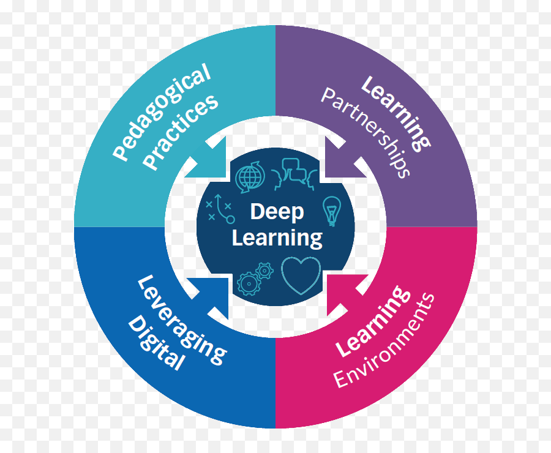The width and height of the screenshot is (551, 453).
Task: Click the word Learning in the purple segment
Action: [x=395, y=113]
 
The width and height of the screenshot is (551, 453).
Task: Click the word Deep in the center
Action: [x=277, y=212]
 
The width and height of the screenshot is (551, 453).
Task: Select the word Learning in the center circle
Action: [x=277, y=238]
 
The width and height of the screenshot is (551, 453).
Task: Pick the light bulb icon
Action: [x=331, y=211]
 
